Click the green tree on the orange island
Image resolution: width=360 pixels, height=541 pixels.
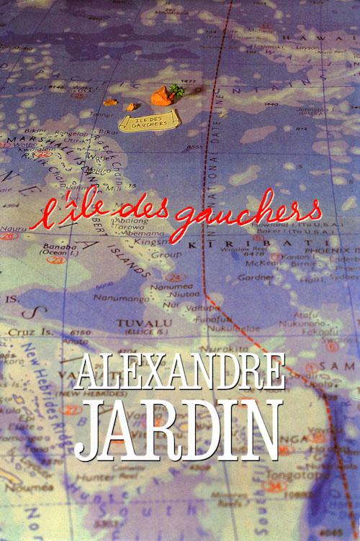(175, 90)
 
